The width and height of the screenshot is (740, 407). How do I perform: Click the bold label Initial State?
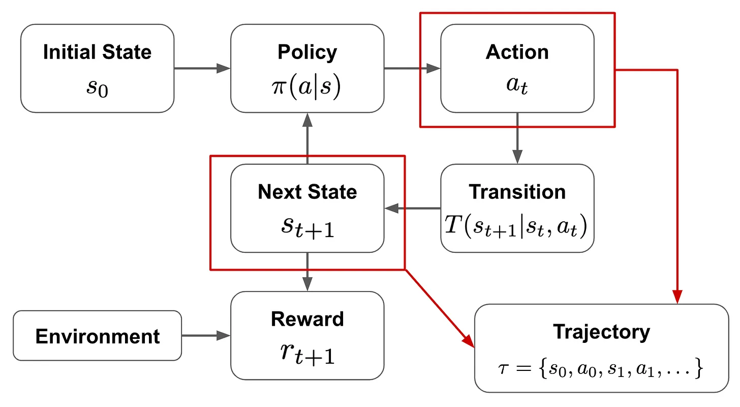(97, 52)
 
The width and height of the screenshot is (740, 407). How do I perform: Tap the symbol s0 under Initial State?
(98, 88)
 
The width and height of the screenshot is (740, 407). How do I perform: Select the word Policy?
(307, 53)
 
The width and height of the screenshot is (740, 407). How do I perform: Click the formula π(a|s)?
(306, 87)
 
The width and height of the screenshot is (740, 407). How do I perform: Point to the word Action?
(517, 52)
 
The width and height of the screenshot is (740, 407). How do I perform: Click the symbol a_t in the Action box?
(517, 85)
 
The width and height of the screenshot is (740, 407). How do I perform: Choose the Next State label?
(307, 192)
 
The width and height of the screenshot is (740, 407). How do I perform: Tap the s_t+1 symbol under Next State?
(307, 227)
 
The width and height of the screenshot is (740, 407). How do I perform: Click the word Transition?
(517, 192)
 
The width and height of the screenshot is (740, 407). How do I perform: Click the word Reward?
(307, 319)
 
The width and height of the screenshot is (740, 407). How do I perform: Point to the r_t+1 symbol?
(307, 354)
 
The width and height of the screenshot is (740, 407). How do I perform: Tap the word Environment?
(98, 336)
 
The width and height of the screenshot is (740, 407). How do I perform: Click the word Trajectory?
(602, 333)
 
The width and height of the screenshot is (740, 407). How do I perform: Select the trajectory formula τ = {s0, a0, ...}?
(601, 368)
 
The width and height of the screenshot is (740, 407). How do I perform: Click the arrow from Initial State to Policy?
(202, 69)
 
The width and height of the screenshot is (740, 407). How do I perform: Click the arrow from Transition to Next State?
(412, 208)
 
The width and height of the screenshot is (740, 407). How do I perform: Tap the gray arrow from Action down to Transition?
(517, 138)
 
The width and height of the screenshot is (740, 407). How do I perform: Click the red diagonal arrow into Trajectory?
(440, 309)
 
